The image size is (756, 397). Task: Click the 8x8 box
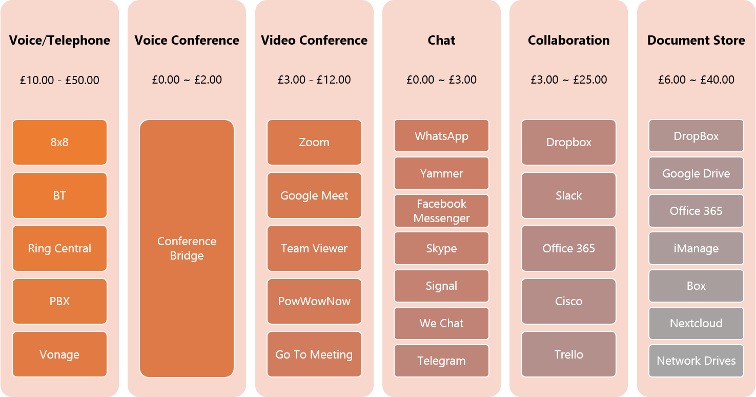59,142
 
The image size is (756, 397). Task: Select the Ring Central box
59,248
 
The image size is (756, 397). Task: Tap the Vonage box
59,354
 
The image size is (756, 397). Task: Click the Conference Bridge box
187,248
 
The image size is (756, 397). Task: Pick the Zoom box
314,142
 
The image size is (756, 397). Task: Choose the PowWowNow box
314,301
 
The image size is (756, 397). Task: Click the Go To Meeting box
314,354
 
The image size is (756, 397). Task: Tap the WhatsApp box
441,136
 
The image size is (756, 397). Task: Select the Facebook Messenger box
441,211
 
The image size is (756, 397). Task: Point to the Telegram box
441,361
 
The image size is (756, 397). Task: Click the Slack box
568,195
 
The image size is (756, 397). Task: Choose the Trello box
568,354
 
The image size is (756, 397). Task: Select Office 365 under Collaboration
568,248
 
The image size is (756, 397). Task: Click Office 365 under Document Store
696,211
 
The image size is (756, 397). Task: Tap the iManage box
696,248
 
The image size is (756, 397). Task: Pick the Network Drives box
696,361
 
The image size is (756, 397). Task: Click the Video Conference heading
314,41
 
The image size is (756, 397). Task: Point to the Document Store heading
696,41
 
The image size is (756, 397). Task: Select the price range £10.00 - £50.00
59,80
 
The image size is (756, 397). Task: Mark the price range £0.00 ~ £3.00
441,80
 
